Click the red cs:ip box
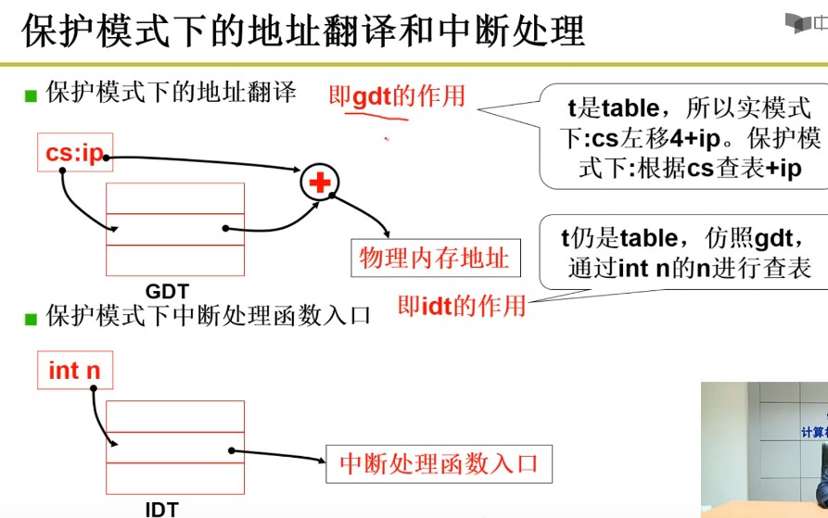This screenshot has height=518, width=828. click(x=73, y=153)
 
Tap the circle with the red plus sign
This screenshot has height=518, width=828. click(x=320, y=183)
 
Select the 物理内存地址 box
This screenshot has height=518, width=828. click(x=434, y=259)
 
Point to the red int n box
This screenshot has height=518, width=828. click(x=73, y=371)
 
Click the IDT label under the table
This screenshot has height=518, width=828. click(x=161, y=508)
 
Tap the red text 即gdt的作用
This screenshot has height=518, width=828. click(x=396, y=95)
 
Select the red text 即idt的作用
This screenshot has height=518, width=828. click(x=461, y=305)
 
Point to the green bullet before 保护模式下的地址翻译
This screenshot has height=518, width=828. click(x=32, y=95)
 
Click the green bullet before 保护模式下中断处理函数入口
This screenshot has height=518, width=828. click(x=32, y=318)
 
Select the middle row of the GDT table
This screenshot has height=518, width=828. click(x=175, y=229)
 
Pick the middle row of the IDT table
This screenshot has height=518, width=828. click(x=175, y=447)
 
